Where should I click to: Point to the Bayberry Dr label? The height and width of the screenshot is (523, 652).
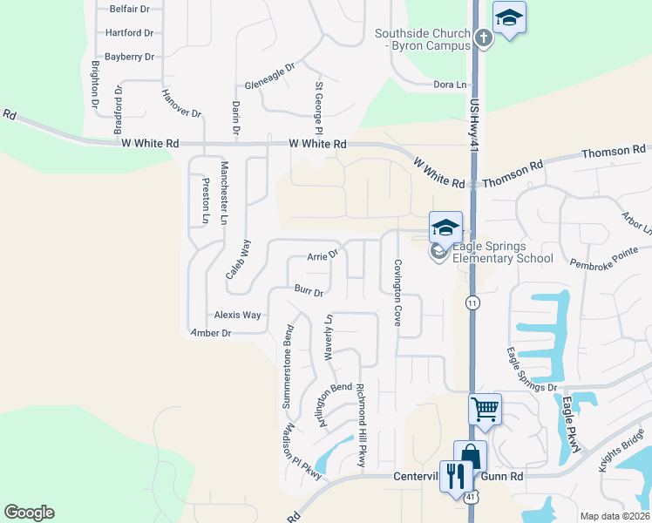click(129, 57)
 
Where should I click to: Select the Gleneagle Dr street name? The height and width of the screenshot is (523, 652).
click(270, 77)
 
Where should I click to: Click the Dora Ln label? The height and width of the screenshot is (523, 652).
click(451, 85)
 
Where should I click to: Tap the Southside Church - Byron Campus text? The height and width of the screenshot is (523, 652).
click(420, 40)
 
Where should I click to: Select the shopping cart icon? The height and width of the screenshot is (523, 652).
click(485, 408)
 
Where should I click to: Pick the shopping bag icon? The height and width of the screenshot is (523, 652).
click(470, 455)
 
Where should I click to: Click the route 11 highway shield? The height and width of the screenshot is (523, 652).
click(472, 302)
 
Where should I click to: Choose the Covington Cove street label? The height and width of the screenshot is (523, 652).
click(398, 293)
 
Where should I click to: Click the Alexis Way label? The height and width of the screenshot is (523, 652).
click(237, 315)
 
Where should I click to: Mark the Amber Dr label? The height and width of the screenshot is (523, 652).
click(211, 333)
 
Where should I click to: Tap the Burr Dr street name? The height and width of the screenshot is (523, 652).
click(309, 290)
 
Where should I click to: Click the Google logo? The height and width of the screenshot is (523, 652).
click(30, 513)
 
